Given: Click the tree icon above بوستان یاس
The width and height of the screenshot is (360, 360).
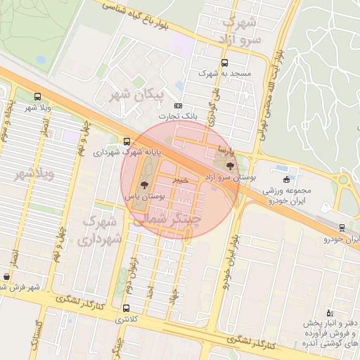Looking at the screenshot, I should [x=145, y=186].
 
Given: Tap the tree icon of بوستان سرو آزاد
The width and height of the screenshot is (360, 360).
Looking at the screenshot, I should [x=231, y=166].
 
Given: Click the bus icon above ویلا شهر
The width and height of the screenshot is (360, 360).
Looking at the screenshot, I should [x=37, y=97].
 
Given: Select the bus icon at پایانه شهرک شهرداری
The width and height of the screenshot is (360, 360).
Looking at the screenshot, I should [x=127, y=141].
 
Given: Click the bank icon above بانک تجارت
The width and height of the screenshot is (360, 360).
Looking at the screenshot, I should [x=178, y=105].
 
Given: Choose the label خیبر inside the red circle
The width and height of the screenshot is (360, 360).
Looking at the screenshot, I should [x=182, y=180].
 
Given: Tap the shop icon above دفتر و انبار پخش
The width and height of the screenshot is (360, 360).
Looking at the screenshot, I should [x=328, y=312].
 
